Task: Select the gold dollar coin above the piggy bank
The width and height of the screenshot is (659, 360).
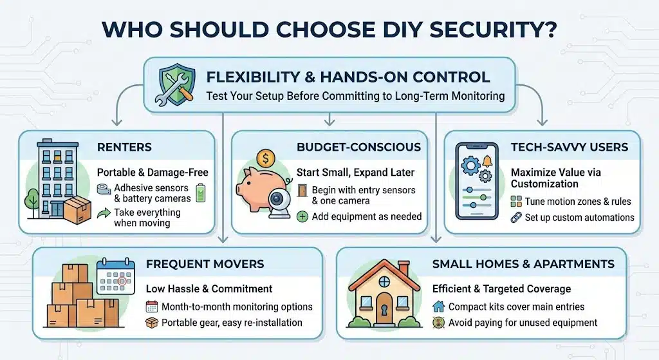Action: click(265, 158)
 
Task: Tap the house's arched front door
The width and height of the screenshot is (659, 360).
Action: click(385, 307)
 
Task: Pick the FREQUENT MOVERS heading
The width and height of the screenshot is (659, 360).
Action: click(205, 265)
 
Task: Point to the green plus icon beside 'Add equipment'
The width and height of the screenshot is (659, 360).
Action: click(302, 217)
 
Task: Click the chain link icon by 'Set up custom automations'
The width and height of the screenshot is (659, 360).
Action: click(515, 218)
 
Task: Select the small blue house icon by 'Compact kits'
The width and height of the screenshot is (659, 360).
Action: click(438, 307)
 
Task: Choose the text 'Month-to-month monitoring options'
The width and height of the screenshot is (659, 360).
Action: click(237, 307)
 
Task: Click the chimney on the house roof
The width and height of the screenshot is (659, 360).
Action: click(404, 267)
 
